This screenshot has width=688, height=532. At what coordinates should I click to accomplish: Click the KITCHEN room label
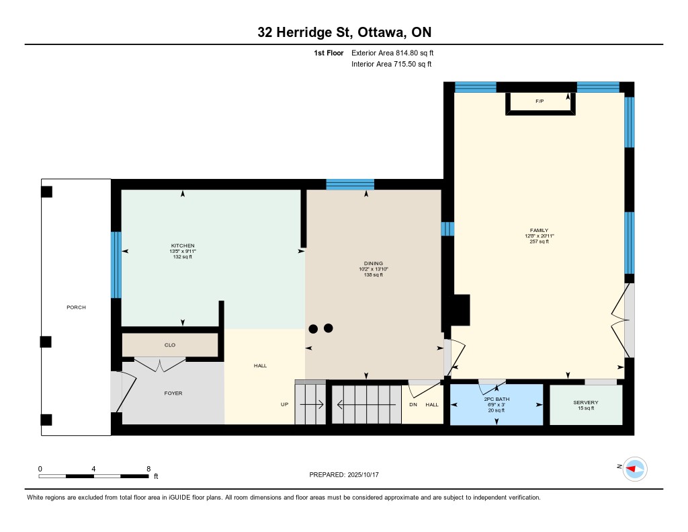183,245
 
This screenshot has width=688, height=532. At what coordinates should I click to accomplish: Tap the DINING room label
374,264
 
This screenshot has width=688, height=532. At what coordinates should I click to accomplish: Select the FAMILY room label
540,230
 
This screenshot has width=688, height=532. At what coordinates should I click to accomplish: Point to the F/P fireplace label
540,102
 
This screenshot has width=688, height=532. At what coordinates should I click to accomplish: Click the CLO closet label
170,345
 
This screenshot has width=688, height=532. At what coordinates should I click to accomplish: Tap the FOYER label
173,393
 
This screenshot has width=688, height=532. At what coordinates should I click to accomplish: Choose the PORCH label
77,307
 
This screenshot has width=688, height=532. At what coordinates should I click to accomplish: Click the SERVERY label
586,402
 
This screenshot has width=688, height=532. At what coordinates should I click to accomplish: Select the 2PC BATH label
497,400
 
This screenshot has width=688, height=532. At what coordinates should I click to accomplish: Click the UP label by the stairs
285,405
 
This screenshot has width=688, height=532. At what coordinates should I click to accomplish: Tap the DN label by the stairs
413,405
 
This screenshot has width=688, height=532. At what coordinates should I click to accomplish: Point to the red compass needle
632,469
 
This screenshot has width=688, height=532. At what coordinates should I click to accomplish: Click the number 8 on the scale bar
148,469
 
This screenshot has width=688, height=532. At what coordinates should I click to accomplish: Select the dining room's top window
350,184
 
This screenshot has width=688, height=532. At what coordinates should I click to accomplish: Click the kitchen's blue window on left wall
116,265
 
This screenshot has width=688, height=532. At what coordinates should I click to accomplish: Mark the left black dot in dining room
313,329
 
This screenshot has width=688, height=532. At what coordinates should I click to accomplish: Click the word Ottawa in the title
382,32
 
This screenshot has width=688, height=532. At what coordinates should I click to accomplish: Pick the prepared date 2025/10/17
363,475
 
